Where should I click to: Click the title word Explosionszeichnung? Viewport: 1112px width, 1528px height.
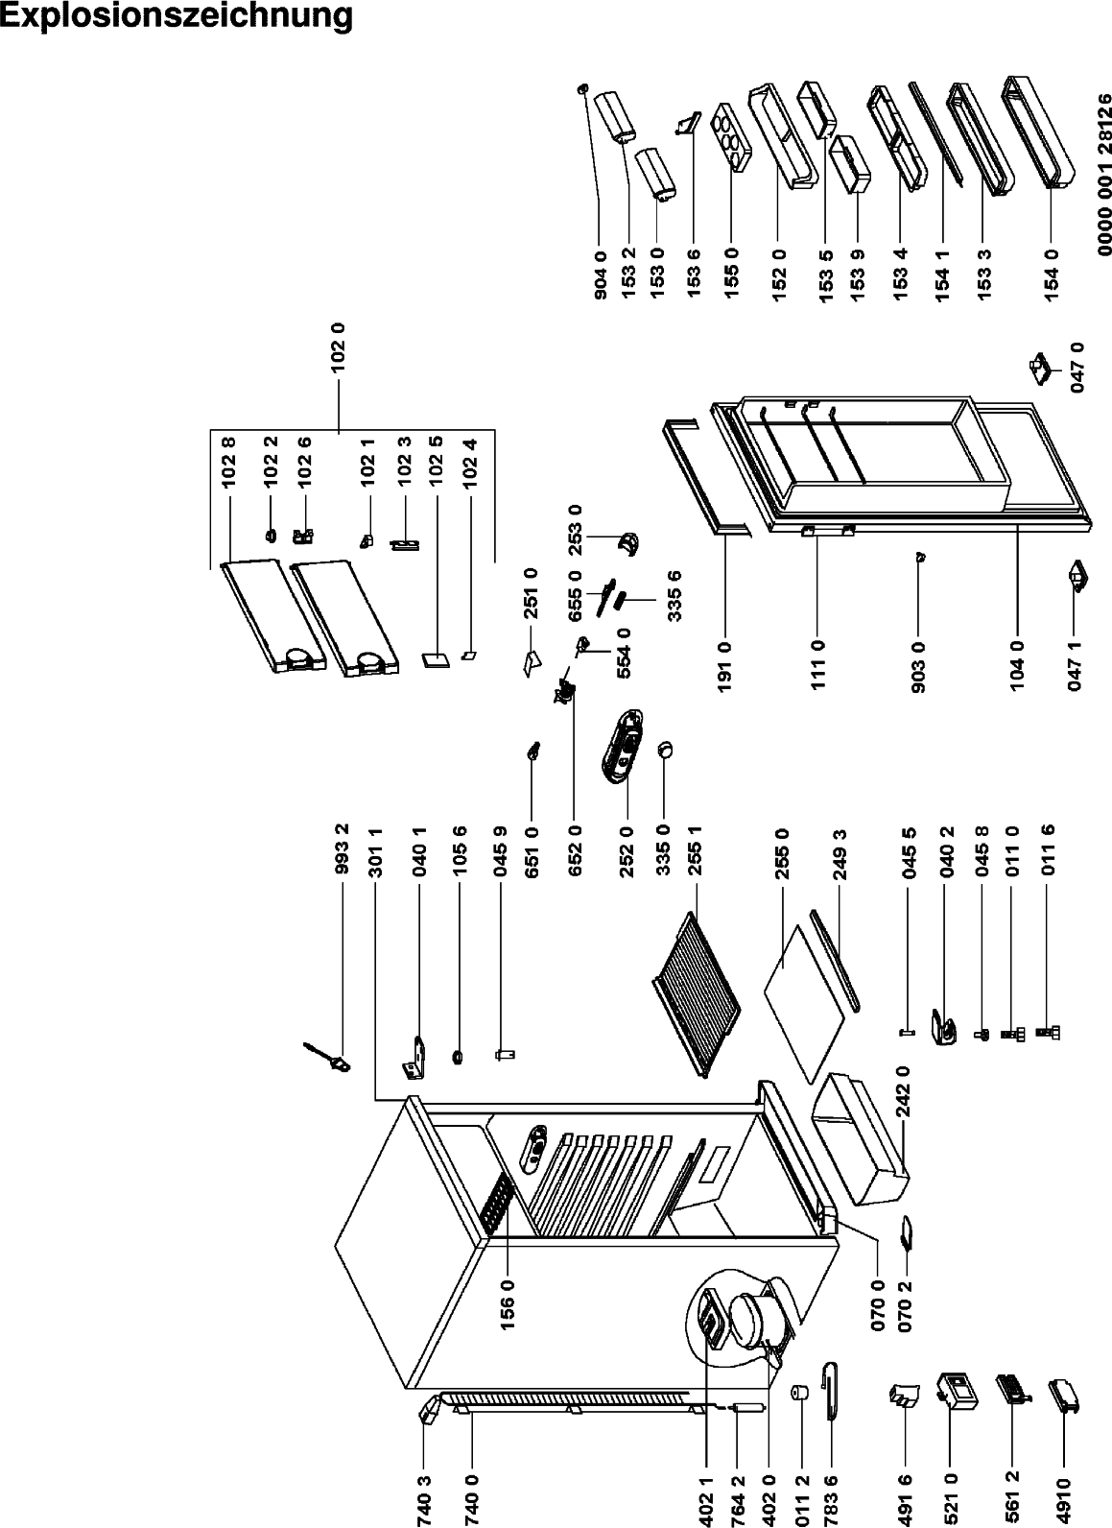pyautogui.click(x=177, y=16)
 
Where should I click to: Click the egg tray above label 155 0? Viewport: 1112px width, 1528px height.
pyautogui.click(x=733, y=140)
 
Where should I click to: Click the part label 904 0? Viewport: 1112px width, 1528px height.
pyautogui.click(x=601, y=273)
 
